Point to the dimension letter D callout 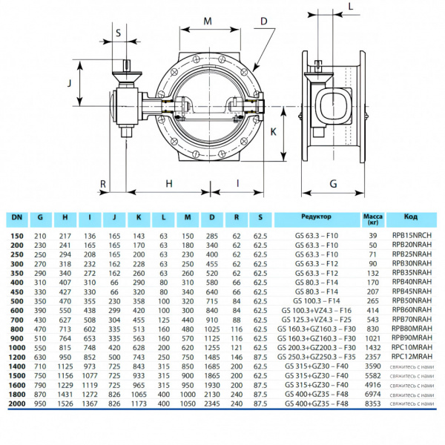click(264, 22)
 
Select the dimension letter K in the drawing click(274, 131)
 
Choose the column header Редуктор click(317, 217)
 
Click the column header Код click(411, 217)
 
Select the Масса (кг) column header click(372, 218)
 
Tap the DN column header click(16, 217)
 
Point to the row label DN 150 click(16, 234)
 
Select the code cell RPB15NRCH click(412, 234)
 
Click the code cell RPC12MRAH click(412, 356)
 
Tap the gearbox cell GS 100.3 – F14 click(317, 302)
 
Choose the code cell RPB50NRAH click(412, 302)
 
